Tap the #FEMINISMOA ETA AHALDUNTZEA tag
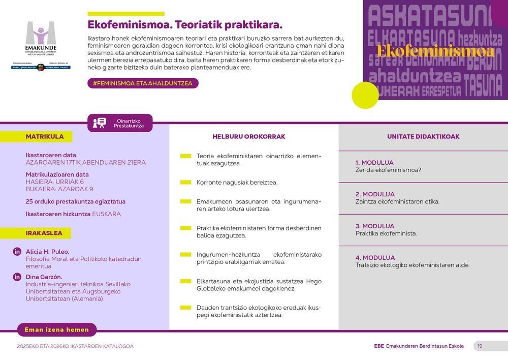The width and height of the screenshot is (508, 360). pyautogui.click(x=143, y=83)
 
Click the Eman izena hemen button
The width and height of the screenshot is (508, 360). pyautogui.click(x=57, y=329)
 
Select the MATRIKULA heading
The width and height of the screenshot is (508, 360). pyautogui.click(x=45, y=136)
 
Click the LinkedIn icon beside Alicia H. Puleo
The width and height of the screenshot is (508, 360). pyautogui.click(x=17, y=252)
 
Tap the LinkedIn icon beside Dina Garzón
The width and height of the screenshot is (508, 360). pyautogui.click(x=17, y=277)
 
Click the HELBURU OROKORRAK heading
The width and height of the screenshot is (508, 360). pyautogui.click(x=249, y=136)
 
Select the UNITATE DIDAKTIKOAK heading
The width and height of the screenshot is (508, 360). pyautogui.click(x=423, y=136)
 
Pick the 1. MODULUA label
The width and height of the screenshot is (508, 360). pyautogui.click(x=375, y=163)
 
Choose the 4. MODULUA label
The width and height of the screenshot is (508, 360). pyautogui.click(x=375, y=258)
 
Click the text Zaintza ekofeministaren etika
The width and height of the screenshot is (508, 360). pyautogui.click(x=397, y=201)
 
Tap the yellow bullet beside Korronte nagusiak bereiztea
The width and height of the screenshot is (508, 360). pyautogui.click(x=186, y=182)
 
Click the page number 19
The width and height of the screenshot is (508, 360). pyautogui.click(x=480, y=346)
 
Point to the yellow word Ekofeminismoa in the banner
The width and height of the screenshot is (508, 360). pyautogui.click(x=435, y=51)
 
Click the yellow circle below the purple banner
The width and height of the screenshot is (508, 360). pyautogui.click(x=365, y=95)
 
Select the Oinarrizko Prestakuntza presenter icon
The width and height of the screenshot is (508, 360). pyautogui.click(x=100, y=123)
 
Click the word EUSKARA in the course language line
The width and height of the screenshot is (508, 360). pyautogui.click(x=106, y=214)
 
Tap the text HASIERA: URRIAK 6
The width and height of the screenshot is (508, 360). pyautogui.click(x=55, y=182)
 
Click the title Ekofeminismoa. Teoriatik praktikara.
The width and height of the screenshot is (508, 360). pyautogui.click(x=185, y=25)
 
